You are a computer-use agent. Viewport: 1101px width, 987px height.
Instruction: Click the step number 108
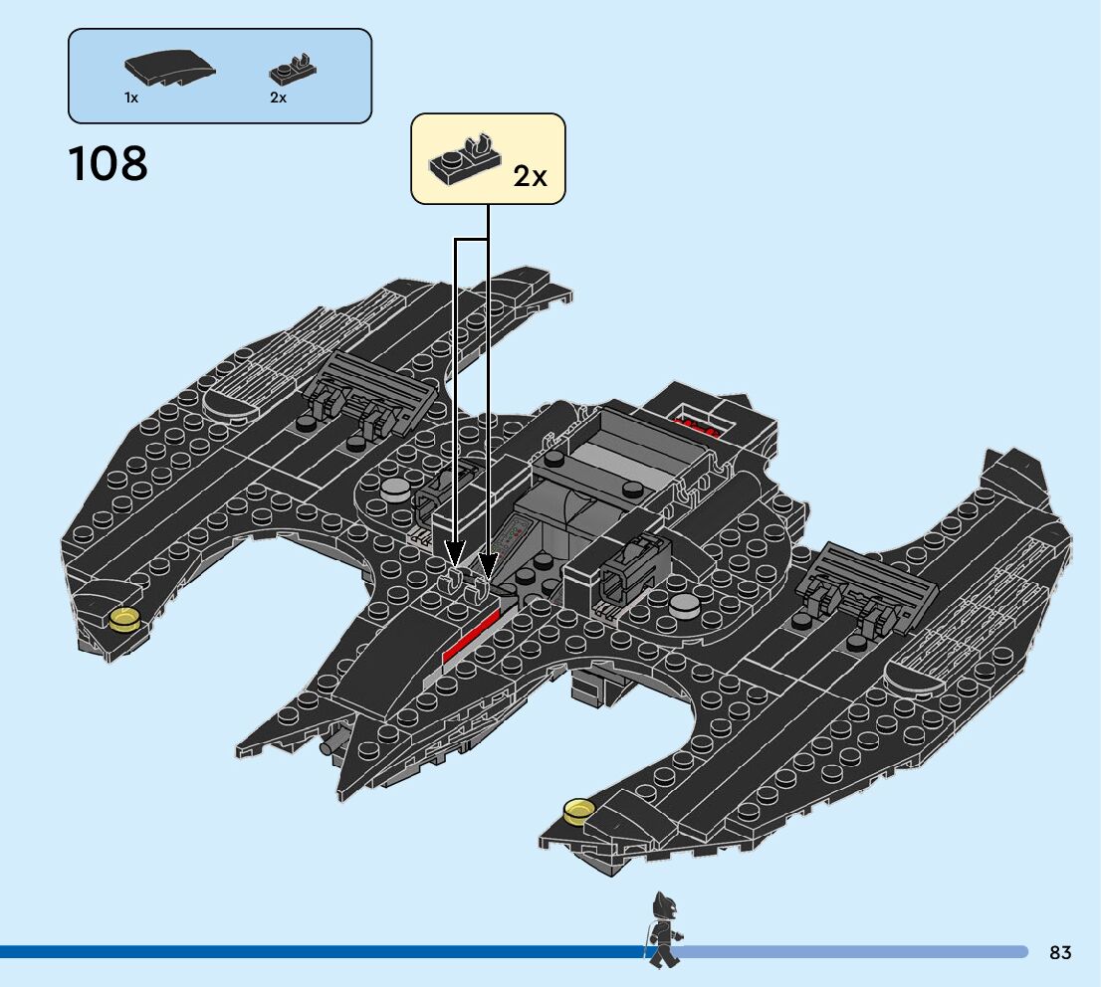[x=109, y=164]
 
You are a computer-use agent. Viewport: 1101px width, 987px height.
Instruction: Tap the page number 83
[x=1060, y=953]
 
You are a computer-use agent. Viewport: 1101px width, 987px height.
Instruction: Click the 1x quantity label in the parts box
[x=131, y=98]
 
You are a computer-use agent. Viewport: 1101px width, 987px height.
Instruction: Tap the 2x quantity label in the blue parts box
[x=278, y=98]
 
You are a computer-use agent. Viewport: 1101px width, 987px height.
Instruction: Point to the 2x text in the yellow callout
[x=530, y=176]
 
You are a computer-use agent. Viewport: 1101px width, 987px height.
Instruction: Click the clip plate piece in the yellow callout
[x=465, y=159]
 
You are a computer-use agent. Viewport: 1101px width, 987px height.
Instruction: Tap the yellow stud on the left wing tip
[x=125, y=619]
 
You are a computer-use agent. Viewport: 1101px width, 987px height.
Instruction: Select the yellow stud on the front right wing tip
[x=576, y=811]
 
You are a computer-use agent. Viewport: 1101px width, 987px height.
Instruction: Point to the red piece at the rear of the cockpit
[x=697, y=427]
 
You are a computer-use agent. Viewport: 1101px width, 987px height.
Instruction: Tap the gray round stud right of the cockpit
[x=685, y=603]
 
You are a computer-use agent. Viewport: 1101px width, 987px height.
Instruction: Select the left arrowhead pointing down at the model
[x=455, y=553]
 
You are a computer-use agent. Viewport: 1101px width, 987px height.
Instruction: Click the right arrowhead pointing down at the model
[x=488, y=566]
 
